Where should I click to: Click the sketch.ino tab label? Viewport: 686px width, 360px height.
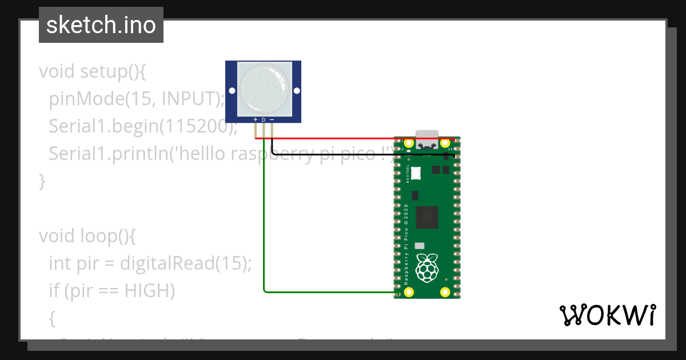coord(101,25)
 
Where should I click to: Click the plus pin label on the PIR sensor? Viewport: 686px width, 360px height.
coord(255,120)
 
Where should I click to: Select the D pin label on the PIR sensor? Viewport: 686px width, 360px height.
coord(264,120)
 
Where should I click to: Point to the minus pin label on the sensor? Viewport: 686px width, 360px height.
coord(272,120)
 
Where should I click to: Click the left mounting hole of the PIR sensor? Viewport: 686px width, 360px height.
coord(232,91)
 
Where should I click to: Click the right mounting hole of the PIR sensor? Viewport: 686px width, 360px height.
coord(296,91)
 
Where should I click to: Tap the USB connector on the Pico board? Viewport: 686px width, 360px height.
coord(427,141)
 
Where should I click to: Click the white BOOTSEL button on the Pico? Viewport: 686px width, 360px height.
coord(416,171)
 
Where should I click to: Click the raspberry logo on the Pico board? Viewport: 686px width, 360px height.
coord(426,269)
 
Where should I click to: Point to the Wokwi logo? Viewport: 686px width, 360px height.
coord(607,315)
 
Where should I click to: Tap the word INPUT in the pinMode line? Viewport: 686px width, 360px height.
coord(191,99)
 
